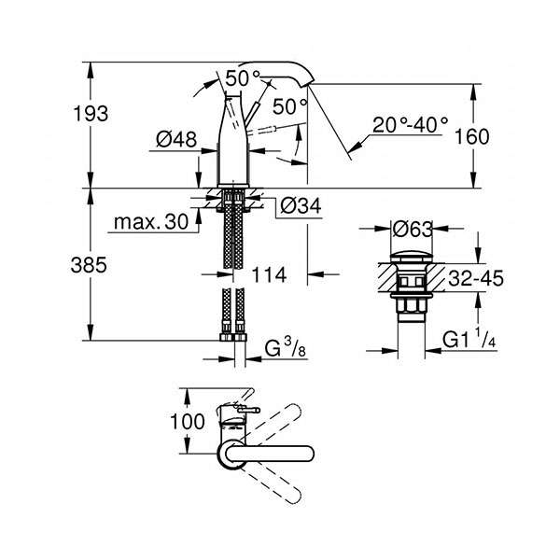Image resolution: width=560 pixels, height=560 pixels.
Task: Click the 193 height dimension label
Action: (91, 114)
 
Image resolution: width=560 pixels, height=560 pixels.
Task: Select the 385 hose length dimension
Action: (89, 265)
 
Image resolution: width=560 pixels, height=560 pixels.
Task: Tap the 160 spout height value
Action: (471, 137)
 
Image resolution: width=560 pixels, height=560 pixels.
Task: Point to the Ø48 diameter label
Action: (176, 139)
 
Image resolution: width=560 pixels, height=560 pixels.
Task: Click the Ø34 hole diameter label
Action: (301, 205)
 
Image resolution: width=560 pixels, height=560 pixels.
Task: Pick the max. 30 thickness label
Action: (151, 222)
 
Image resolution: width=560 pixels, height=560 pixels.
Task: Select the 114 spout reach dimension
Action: (269, 275)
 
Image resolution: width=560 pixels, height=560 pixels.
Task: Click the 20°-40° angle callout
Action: (410, 125)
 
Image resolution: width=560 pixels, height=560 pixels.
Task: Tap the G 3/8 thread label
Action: (286, 348)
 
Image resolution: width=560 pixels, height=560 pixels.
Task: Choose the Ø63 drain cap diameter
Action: (413, 229)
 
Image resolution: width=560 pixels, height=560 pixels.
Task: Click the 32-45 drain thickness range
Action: (476, 278)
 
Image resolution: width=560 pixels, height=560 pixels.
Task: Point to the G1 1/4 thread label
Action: (469, 339)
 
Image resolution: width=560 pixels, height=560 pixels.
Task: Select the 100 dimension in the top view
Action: (188, 422)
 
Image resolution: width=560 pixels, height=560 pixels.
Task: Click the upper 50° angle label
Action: (243, 78)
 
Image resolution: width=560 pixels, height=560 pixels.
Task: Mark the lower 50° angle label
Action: (289, 106)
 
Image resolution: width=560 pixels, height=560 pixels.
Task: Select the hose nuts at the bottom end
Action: (233, 338)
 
